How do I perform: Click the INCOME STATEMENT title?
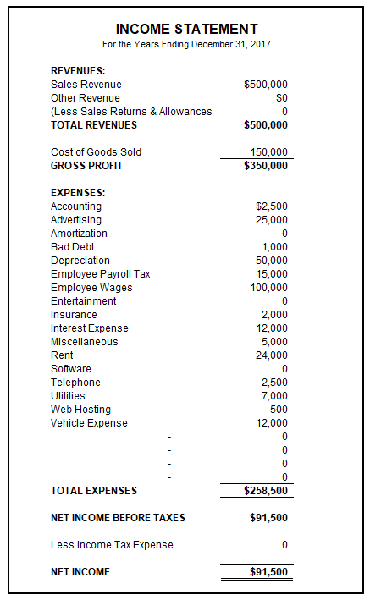(186, 29)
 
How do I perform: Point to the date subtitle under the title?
(186, 44)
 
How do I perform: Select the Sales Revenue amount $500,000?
(265, 85)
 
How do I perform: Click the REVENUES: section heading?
(78, 71)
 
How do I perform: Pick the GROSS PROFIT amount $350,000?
(265, 166)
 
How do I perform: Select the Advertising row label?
(75, 220)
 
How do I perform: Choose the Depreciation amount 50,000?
(271, 261)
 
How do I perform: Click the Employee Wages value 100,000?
(268, 288)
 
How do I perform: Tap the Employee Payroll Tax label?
(100, 274)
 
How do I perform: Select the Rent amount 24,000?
(271, 355)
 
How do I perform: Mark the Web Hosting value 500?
(279, 410)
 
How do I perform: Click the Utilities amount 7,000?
(274, 396)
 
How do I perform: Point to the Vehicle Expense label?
(89, 423)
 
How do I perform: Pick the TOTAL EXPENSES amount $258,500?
(265, 491)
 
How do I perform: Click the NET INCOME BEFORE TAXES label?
(118, 518)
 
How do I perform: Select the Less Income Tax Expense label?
(112, 545)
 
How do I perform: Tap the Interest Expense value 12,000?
(271, 328)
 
